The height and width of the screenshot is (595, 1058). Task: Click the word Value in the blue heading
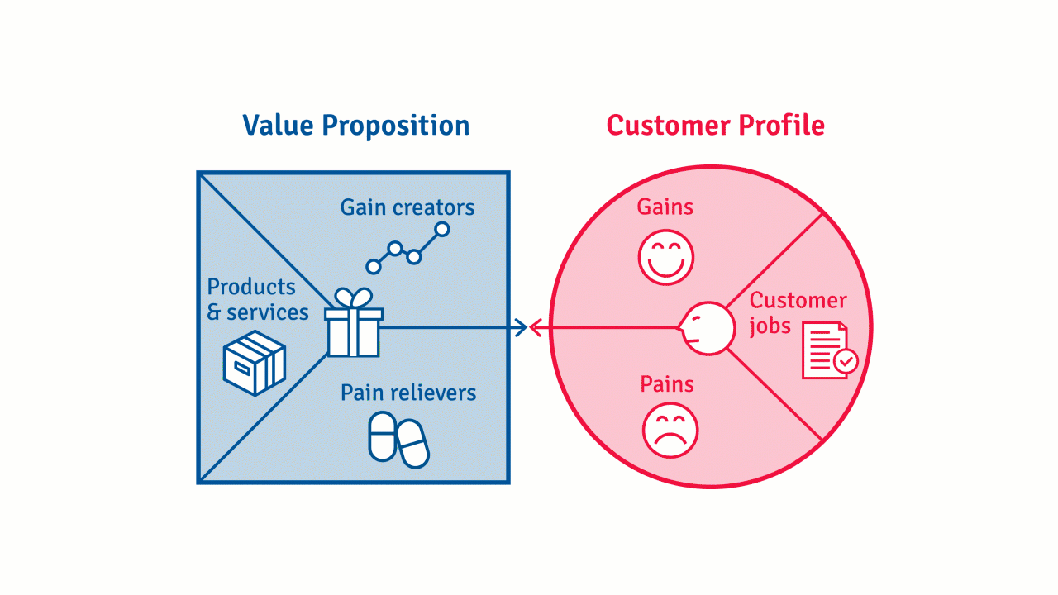278,126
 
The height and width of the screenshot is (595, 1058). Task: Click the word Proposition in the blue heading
395,126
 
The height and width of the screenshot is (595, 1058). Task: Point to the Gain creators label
407,207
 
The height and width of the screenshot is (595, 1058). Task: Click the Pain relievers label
408,392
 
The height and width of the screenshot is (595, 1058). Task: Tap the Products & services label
257,299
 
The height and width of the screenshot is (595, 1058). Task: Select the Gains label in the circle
665,207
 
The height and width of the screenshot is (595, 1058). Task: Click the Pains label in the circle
667,384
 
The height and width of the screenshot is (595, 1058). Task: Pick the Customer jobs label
798,312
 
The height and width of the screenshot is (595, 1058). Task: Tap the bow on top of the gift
354,298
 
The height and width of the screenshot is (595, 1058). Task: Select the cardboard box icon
255,363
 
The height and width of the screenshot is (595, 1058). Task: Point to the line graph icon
407,248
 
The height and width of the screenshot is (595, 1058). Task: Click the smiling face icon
666,257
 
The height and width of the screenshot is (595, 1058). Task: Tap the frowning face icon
670,430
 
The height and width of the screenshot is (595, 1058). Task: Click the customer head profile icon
708,328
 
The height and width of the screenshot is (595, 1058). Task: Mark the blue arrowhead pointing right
520,328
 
